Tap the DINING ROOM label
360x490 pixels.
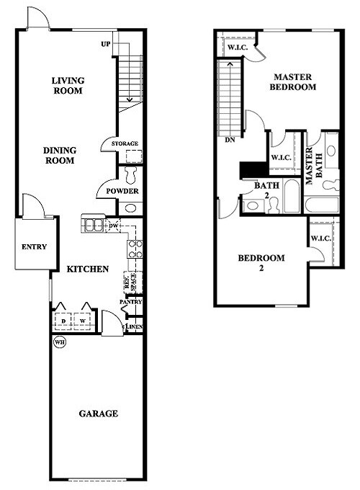point(60,156)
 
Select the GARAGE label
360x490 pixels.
point(98,414)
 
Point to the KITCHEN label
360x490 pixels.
point(88,269)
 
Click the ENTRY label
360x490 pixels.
point(34,246)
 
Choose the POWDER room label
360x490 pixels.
point(122,191)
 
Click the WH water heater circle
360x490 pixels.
point(60,342)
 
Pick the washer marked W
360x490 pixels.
point(84,320)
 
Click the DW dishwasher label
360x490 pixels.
point(113,226)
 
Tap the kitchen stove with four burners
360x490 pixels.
point(135,249)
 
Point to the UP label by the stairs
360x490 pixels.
point(106,45)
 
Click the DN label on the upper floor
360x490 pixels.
point(230,139)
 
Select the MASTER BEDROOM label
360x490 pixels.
point(293,81)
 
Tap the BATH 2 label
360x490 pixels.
point(261,189)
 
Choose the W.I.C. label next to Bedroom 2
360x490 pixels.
point(320,239)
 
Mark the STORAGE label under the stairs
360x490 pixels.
point(125,144)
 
